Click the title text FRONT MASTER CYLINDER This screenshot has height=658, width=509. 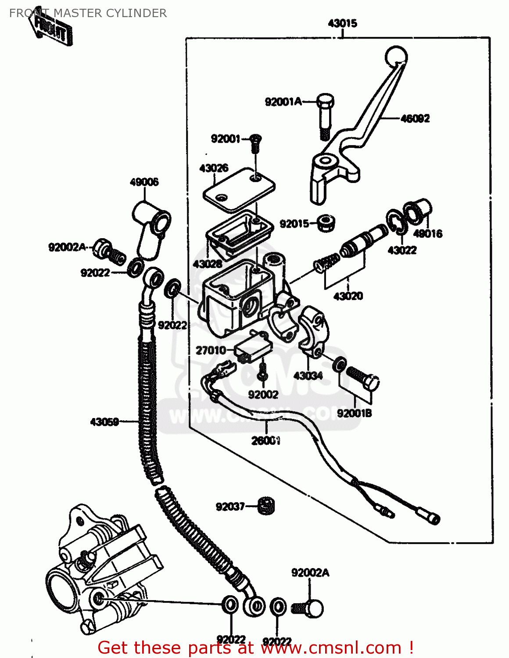tap(88, 13)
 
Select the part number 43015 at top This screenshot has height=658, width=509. tap(342, 23)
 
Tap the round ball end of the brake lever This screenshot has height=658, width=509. tap(396, 57)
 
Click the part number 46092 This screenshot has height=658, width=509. tap(415, 118)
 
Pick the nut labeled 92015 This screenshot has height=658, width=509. tap(326, 223)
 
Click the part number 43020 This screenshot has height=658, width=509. tap(348, 296)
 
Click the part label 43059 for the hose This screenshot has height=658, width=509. tap(104, 422)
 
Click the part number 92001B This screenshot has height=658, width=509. tap(354, 413)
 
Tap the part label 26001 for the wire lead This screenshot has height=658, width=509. tap(265, 440)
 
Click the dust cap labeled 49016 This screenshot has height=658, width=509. tap(418, 211)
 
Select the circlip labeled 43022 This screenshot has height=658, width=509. tap(396, 222)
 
